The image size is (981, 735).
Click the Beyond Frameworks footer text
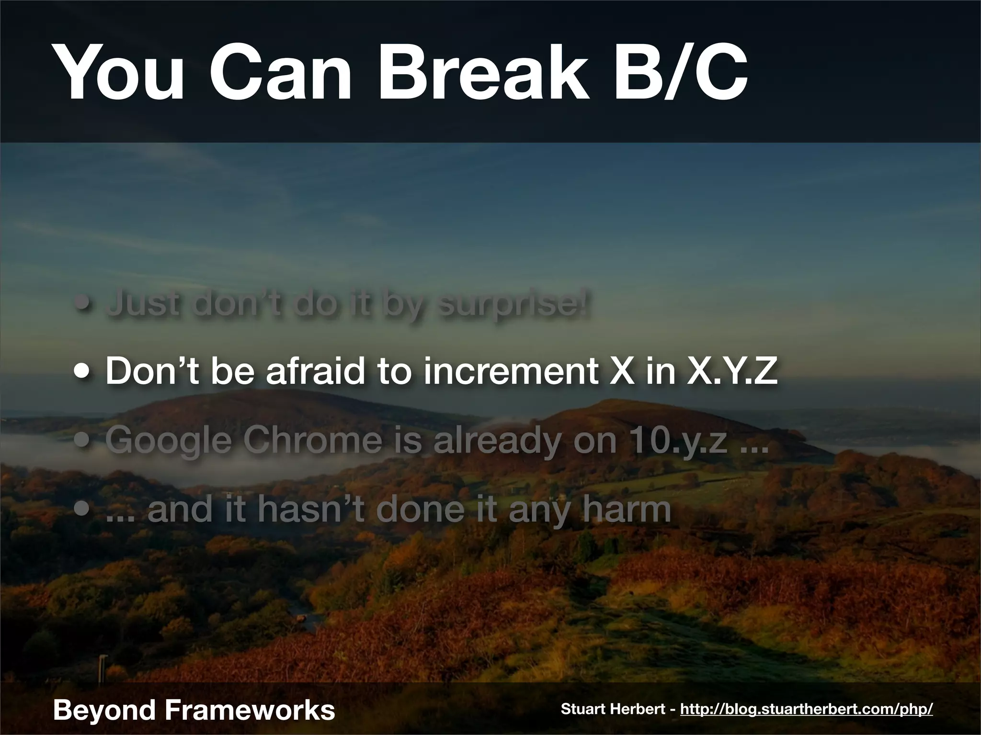point(194,709)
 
